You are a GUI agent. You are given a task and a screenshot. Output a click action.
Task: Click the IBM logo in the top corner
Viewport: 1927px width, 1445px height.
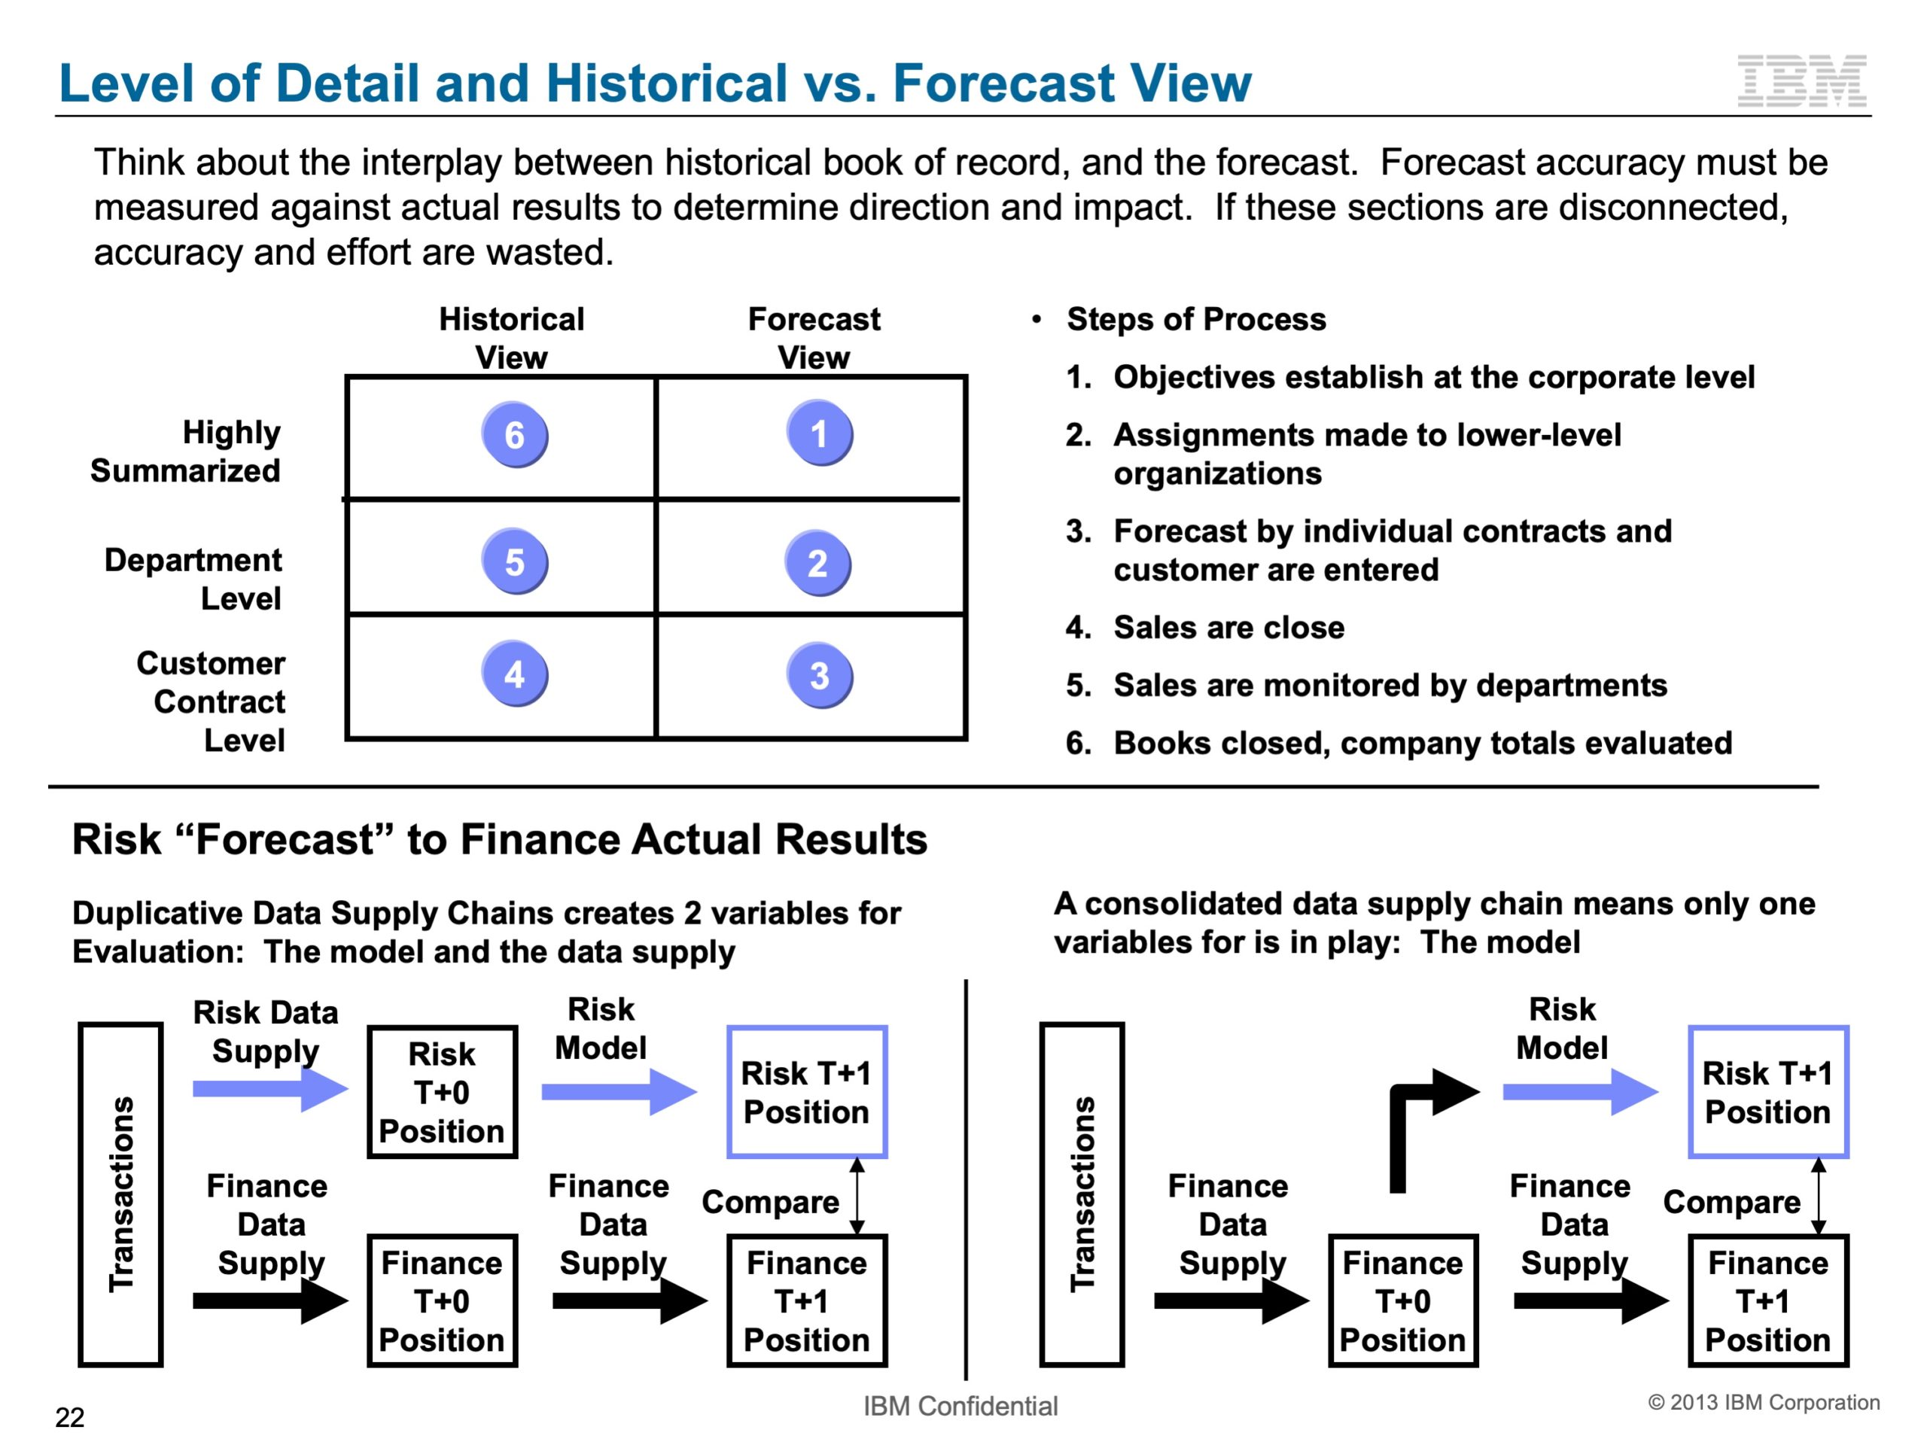pyautogui.click(x=1801, y=81)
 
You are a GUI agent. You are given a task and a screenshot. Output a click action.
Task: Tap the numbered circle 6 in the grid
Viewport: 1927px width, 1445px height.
pyautogui.click(x=514, y=435)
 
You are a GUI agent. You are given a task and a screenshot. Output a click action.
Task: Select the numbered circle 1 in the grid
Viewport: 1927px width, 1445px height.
pyautogui.click(x=819, y=433)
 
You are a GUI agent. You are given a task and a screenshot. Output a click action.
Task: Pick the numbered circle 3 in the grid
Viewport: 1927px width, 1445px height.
pyautogui.click(x=819, y=675)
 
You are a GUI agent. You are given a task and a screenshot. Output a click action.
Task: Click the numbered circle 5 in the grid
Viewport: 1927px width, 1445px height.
pyautogui.click(x=514, y=561)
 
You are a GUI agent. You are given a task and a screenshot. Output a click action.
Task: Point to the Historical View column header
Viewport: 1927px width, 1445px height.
pyautogui.click(x=511, y=338)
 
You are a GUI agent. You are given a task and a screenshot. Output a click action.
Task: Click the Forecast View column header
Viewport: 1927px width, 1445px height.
pyautogui.click(x=814, y=338)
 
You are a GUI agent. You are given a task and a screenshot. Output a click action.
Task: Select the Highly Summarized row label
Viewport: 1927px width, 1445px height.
pyautogui.click(x=186, y=451)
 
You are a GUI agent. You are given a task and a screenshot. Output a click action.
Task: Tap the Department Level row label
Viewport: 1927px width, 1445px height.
pyautogui.click(x=193, y=580)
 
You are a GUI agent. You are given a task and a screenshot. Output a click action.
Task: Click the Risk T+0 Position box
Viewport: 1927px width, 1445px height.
pyautogui.click(x=443, y=1092)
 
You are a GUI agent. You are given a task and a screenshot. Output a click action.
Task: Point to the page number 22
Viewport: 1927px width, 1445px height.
pyautogui.click(x=70, y=1417)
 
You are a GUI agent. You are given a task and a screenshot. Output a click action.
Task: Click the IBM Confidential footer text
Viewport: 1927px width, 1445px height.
pyautogui.click(x=960, y=1406)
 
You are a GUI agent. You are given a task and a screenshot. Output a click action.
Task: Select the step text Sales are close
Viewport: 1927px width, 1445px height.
pyautogui.click(x=1228, y=627)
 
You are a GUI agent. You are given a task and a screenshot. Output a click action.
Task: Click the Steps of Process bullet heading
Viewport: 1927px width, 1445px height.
pyautogui.click(x=1196, y=319)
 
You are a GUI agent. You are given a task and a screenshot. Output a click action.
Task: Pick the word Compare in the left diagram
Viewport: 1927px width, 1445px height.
pyautogui.click(x=770, y=1202)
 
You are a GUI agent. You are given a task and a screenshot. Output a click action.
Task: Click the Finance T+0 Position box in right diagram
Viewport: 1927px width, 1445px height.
pyautogui.click(x=1402, y=1300)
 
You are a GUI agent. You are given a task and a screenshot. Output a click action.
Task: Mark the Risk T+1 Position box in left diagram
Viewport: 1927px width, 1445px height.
pyautogui.click(x=807, y=1092)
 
